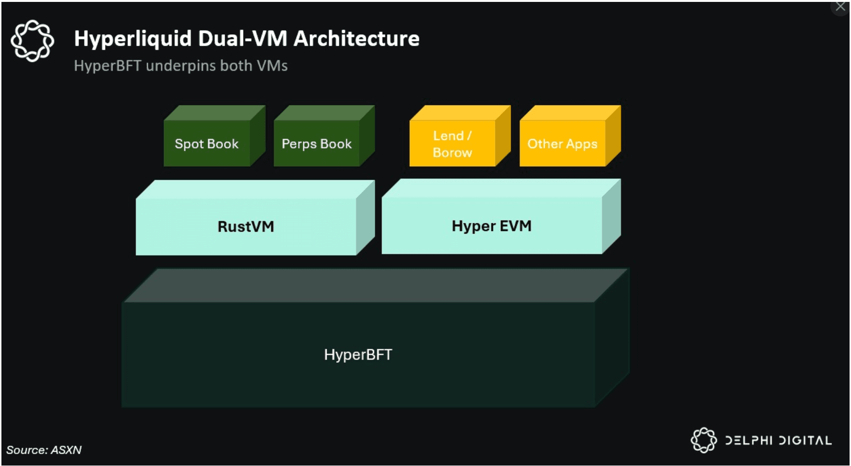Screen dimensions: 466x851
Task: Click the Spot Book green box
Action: click(x=207, y=144)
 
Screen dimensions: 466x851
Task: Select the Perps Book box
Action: click(x=317, y=144)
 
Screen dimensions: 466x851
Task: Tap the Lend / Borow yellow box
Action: click(x=452, y=144)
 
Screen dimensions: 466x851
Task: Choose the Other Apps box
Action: click(x=562, y=144)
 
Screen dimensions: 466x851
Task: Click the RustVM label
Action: click(x=246, y=226)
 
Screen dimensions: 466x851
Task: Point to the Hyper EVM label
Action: click(x=491, y=226)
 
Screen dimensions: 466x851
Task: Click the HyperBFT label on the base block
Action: click(x=358, y=355)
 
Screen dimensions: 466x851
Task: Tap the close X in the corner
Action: click(x=840, y=7)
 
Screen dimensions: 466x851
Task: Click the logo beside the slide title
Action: click(x=32, y=41)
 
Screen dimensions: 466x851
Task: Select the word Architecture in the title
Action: click(x=356, y=39)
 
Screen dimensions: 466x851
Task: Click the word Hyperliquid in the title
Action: click(x=133, y=39)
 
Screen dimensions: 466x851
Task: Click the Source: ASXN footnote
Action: click(x=44, y=450)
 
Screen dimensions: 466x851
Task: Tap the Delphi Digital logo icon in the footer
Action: click(x=703, y=440)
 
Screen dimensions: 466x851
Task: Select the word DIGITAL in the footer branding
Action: click(x=805, y=440)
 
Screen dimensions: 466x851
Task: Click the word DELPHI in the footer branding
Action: click(x=748, y=440)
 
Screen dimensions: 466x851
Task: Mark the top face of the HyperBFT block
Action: click(x=375, y=286)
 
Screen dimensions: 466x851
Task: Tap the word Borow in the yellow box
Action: click(x=452, y=153)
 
